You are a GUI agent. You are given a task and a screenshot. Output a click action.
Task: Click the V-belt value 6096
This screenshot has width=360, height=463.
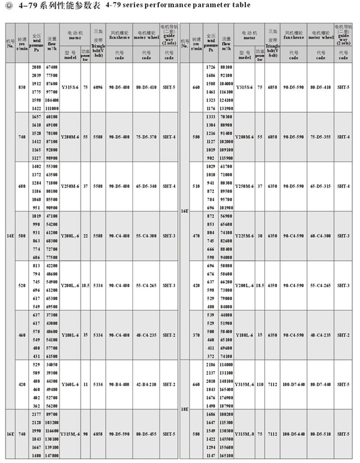coord(98,88)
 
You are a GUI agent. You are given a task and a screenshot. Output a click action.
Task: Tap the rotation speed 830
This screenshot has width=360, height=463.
coord(22,88)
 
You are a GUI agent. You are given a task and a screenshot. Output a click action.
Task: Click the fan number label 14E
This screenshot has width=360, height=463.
coord(10,235)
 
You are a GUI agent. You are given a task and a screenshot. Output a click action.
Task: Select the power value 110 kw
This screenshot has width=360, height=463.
coord(260,384)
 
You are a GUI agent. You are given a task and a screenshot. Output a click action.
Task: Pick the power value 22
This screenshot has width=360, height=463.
coord(86,235)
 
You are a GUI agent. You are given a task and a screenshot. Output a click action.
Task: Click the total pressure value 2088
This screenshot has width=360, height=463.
coord(37,66)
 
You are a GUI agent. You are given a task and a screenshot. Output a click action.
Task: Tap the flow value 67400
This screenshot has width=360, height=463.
coord(53,66)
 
